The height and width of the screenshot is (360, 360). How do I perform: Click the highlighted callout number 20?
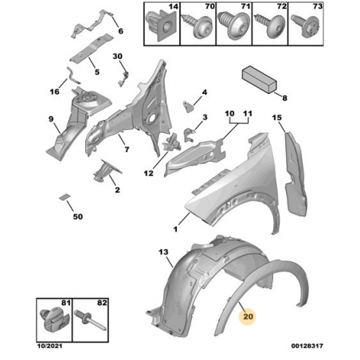pyautogui.click(x=248, y=316)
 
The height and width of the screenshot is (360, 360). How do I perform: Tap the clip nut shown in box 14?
pyautogui.click(x=161, y=26)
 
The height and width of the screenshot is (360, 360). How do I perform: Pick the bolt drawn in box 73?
pyautogui.click(x=305, y=25)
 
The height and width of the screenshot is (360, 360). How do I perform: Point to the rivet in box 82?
pyautogui.click(x=91, y=320)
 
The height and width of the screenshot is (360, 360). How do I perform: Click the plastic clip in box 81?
pyautogui.click(x=54, y=322)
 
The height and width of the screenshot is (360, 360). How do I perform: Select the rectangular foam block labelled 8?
pyautogui.click(x=260, y=80)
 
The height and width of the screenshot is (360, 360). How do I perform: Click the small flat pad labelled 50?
pyautogui.click(x=65, y=197)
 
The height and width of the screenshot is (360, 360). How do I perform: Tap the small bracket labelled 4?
pyautogui.click(x=188, y=107)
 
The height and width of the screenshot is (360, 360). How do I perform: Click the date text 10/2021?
pyautogui.click(x=49, y=346)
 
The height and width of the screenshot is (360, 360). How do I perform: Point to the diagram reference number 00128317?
pyautogui.click(x=307, y=346)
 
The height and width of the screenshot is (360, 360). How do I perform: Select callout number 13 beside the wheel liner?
pyautogui.click(x=163, y=252)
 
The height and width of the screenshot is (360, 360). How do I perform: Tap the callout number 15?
pyautogui.click(x=277, y=117)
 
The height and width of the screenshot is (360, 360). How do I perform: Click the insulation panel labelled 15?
pyautogui.click(x=295, y=173)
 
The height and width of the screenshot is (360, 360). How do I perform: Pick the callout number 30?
pyautogui.click(x=117, y=57)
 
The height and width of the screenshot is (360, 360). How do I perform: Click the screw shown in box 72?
pyautogui.click(x=270, y=25)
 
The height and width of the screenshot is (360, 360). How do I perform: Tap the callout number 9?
pyautogui.click(x=51, y=119)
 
